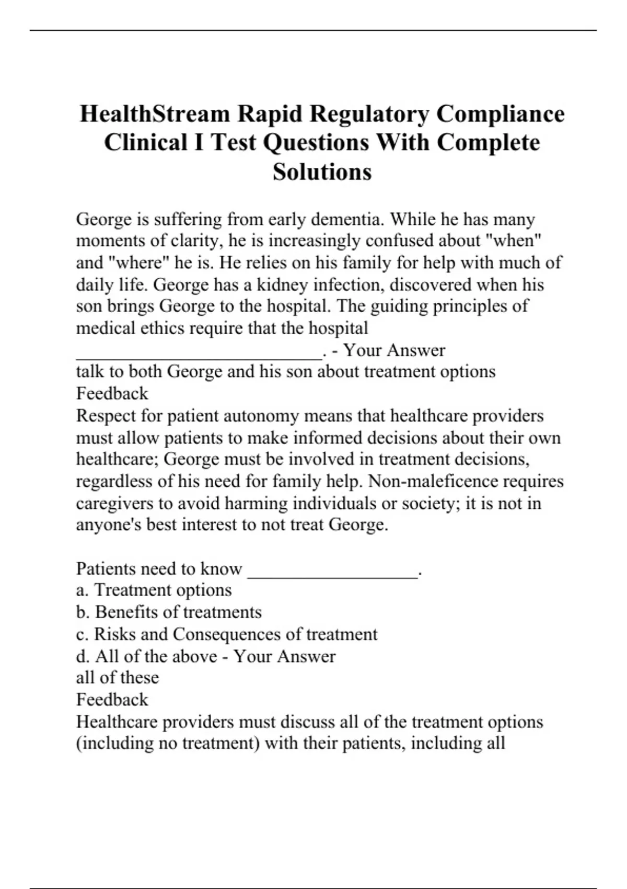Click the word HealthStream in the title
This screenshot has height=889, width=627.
[x=155, y=114]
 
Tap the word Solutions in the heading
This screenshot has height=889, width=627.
[x=322, y=172]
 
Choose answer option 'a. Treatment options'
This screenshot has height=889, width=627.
[x=154, y=590]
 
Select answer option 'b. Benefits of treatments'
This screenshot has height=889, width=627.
[x=169, y=612]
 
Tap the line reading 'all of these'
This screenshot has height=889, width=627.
[x=118, y=678]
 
